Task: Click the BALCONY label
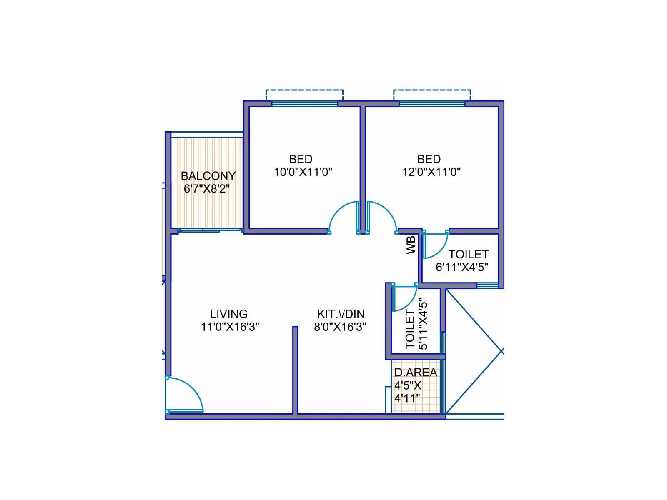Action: pos(208,176)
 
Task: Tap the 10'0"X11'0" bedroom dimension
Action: pos(303,172)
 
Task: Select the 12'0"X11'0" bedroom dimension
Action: pos(431,172)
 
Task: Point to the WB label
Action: pos(411,245)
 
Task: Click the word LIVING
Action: pos(228,314)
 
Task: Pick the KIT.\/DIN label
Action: pos(341,314)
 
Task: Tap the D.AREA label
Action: pos(416,372)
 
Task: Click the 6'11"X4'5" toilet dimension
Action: pos(462,267)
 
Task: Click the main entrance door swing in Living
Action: pos(186,394)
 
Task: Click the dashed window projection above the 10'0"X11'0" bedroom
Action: pos(305,95)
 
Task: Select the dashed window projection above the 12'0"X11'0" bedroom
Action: pos(432,95)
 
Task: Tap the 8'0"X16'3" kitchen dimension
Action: pos(340,327)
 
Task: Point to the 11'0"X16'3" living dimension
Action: pos(230,327)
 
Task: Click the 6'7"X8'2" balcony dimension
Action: pos(207,189)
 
